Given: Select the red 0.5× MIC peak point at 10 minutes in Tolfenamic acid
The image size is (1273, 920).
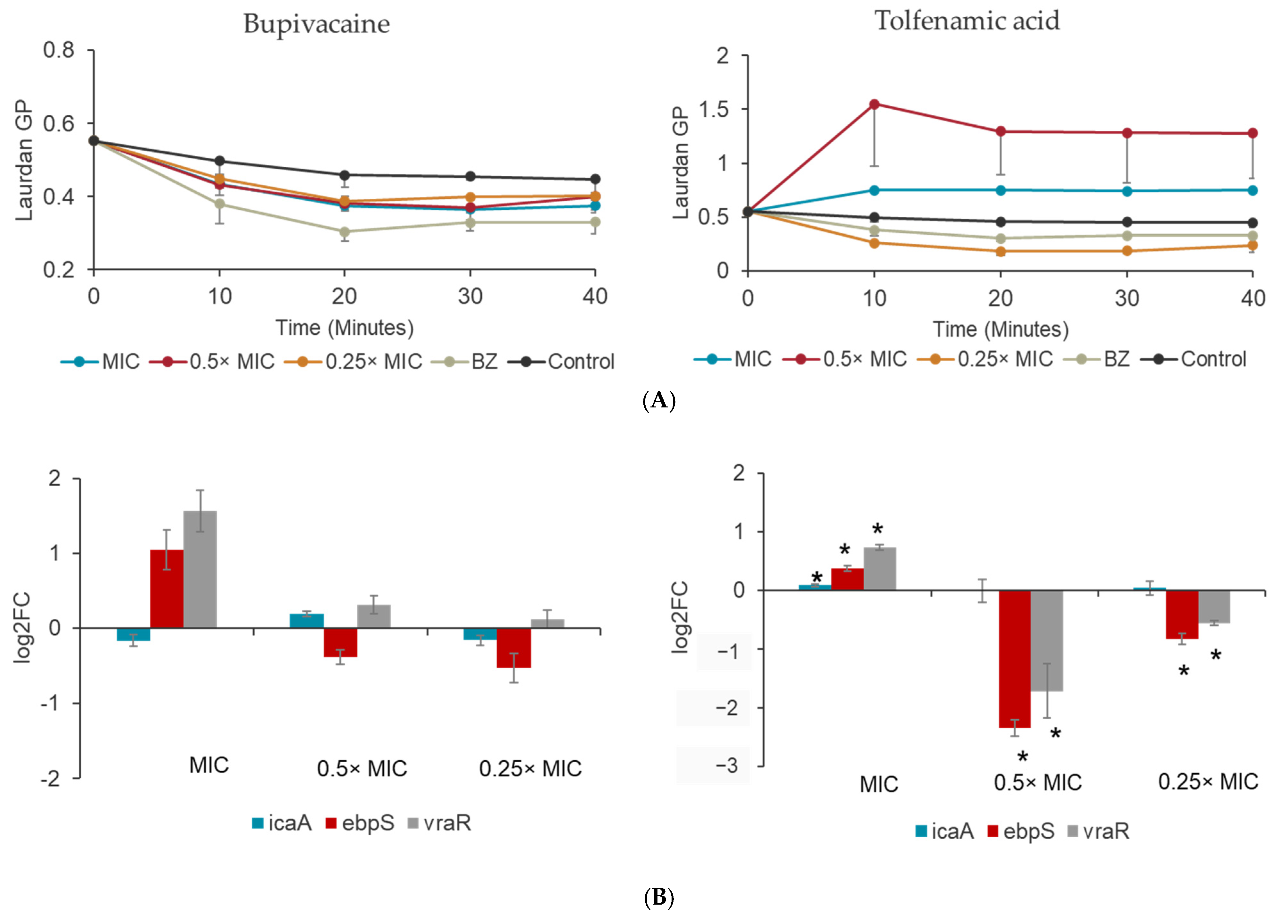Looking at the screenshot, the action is point(874,104).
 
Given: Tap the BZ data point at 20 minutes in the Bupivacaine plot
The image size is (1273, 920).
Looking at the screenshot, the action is point(345,231).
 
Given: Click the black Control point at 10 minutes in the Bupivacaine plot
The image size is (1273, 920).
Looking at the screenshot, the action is point(219,161).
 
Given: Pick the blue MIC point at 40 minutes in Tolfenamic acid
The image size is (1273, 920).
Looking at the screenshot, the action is point(1252,190).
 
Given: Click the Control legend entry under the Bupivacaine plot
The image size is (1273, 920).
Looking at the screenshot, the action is point(561,362).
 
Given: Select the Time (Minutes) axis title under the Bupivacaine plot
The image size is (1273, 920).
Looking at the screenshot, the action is point(345,327).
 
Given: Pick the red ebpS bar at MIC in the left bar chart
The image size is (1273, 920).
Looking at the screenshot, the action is point(167,589).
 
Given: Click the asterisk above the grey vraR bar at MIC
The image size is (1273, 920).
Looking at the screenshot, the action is point(877,530).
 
